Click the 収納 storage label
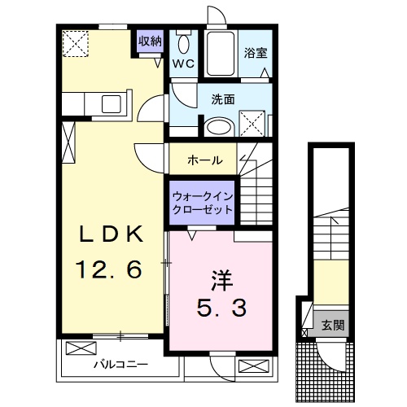tap(151, 41)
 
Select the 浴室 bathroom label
tap(256, 54)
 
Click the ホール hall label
tap(204, 160)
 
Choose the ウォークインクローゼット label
tap(201, 202)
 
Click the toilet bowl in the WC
tap(184, 45)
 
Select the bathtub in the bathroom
tap(220, 53)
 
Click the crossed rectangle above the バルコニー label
tap(81, 348)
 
